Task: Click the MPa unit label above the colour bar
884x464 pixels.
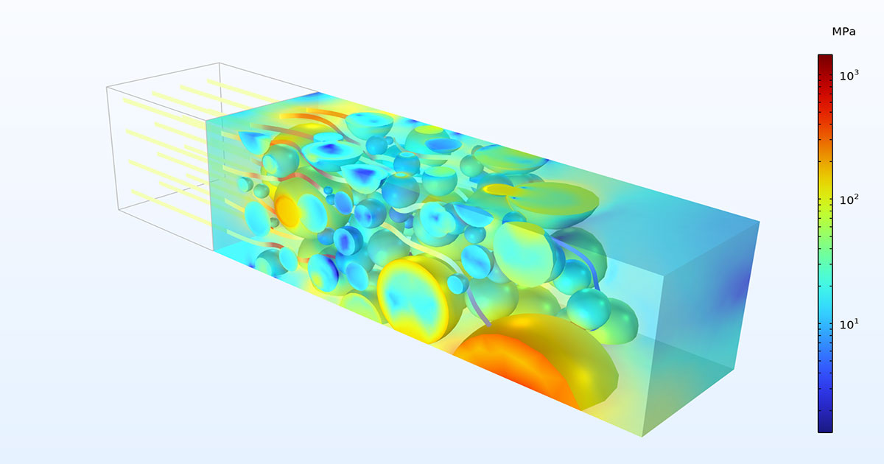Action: pyautogui.click(x=825, y=32)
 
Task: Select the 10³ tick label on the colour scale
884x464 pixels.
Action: pyautogui.click(x=849, y=74)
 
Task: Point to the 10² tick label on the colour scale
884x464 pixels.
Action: pyautogui.click(x=849, y=200)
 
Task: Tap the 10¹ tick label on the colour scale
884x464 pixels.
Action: pyautogui.click(x=849, y=324)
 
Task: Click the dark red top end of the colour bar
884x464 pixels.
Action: pyautogui.click(x=825, y=59)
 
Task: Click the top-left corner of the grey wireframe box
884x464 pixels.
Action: pyautogui.click(x=107, y=87)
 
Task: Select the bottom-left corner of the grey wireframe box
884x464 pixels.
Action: pyautogui.click(x=119, y=210)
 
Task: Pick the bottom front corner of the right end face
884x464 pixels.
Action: pyautogui.click(x=642, y=436)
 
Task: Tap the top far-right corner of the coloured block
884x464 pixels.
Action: pyautogui.click(x=760, y=220)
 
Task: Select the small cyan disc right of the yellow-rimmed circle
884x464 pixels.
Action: pyautogui.click(x=458, y=284)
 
